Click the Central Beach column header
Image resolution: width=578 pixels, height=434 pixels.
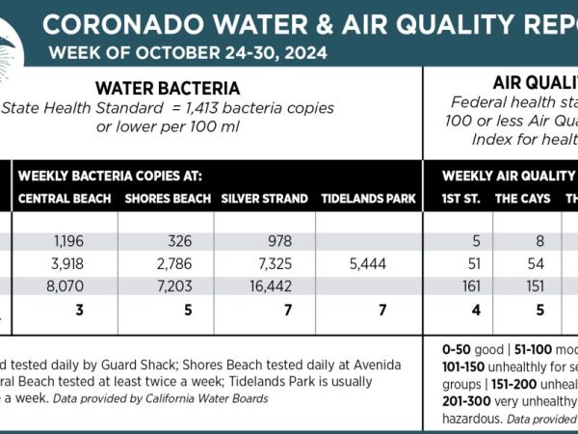point(63,200)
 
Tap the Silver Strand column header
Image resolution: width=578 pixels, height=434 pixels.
point(264,200)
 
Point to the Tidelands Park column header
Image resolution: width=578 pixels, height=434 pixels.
point(368,200)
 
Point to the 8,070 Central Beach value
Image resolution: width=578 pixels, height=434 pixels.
point(64,286)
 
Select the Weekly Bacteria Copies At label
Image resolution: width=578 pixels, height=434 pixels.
point(110,176)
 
